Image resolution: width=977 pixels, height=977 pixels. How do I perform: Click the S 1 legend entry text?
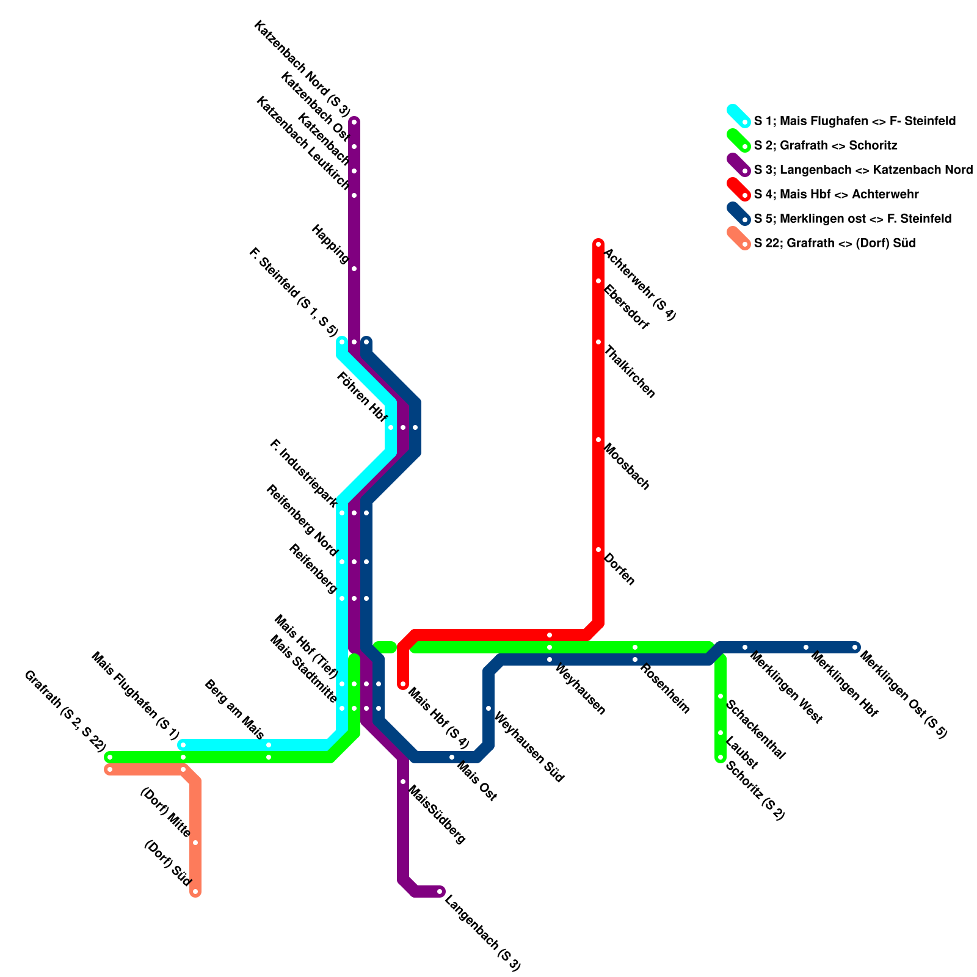[x=854, y=121]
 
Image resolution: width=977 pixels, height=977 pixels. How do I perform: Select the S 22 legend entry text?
[x=834, y=243]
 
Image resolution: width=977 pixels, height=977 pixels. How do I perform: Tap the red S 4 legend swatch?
[x=738, y=189]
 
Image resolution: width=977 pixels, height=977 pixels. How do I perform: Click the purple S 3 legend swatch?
[x=738, y=164]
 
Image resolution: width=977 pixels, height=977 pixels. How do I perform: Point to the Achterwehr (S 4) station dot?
[x=598, y=244]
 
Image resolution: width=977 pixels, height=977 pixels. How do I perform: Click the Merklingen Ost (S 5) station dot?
[x=855, y=647]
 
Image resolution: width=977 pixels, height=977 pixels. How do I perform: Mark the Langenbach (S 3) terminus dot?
[x=440, y=892]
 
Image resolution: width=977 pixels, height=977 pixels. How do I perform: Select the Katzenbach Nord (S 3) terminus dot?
[x=354, y=122]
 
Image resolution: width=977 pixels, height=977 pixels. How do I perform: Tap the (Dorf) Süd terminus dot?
[x=195, y=892]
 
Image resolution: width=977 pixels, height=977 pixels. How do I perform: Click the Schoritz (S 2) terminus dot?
[x=721, y=758]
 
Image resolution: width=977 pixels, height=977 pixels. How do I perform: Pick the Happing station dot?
[x=354, y=269]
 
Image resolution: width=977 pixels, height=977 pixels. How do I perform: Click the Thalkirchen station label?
[x=629, y=371]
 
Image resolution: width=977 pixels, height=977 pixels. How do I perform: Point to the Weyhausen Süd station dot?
[x=488, y=708]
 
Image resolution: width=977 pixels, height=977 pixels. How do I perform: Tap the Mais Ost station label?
[x=476, y=780]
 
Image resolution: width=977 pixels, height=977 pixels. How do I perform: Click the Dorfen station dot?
[x=598, y=550]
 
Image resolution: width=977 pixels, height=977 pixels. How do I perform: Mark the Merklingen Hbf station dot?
[x=806, y=647]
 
